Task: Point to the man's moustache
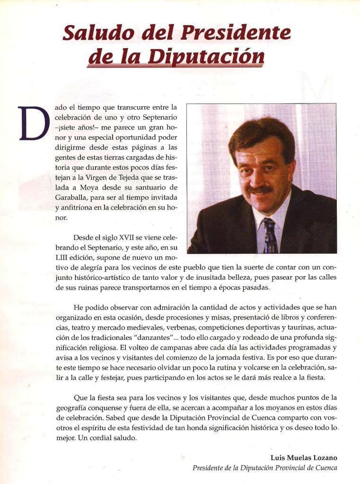259,190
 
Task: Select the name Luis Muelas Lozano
305,458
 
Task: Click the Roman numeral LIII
63,257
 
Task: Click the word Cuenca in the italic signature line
325,468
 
